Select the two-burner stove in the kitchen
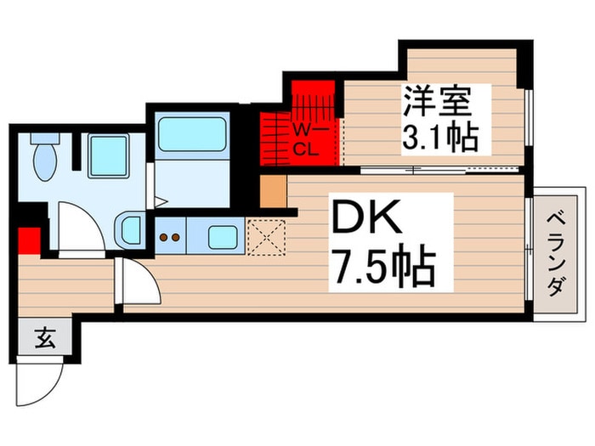click(170, 235)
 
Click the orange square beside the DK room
click(272, 192)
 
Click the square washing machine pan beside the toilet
click(108, 155)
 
